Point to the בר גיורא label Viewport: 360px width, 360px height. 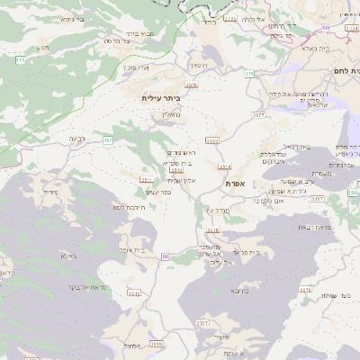tap(84, 19)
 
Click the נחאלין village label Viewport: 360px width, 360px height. tap(170, 114)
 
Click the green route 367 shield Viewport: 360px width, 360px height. tap(108, 140)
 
